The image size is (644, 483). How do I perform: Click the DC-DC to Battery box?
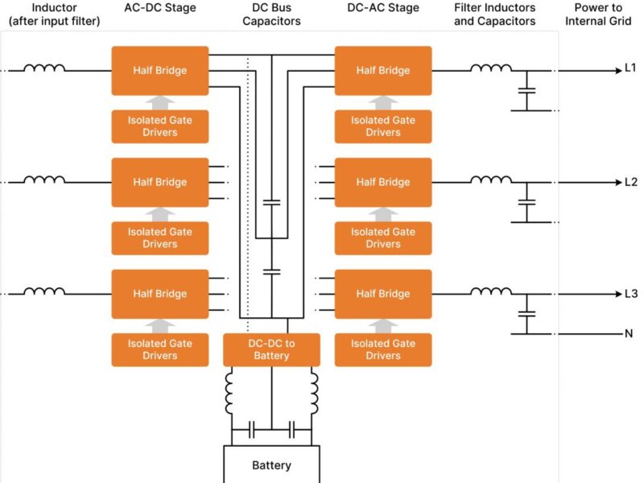(271, 349)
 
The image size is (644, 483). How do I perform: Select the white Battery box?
(271, 464)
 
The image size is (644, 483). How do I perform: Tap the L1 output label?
(630, 70)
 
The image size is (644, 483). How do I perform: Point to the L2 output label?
(630, 182)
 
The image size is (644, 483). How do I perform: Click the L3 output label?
(630, 294)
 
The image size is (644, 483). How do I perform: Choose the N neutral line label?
(628, 333)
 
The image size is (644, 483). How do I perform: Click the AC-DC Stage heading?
(159, 8)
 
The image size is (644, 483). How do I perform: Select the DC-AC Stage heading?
(383, 8)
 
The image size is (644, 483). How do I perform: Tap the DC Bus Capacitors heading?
(271, 14)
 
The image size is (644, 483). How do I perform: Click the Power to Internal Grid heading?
(598, 14)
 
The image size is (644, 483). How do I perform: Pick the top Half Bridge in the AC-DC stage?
(159, 70)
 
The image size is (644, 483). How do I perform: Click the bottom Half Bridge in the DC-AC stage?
(383, 294)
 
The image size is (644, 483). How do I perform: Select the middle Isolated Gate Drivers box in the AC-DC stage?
(159, 237)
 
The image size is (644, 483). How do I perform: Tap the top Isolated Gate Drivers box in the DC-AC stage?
(383, 126)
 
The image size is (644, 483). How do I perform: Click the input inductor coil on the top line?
(44, 68)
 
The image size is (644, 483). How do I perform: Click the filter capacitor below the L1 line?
(526, 92)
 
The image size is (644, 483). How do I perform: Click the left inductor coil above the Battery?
(231, 394)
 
